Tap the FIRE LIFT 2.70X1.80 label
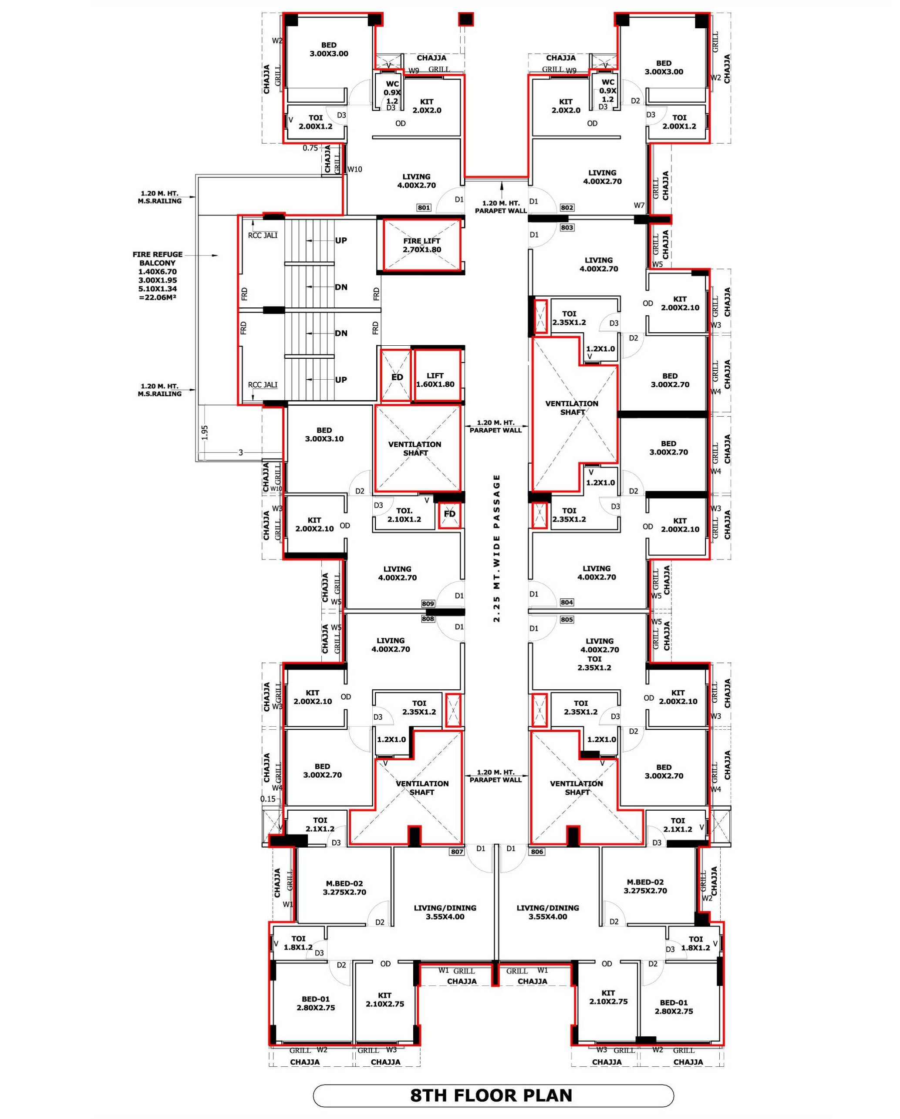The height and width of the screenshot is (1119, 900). [421, 245]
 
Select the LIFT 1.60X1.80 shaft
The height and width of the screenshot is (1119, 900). [437, 376]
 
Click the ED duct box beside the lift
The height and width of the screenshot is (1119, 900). [397, 376]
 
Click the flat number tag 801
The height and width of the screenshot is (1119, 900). [424, 208]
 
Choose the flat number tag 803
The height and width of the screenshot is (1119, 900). [567, 227]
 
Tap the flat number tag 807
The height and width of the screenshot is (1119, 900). [457, 852]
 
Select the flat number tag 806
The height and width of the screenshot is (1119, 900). [537, 852]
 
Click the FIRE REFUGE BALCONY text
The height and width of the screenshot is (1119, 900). [158, 259]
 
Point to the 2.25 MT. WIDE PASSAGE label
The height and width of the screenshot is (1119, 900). [497, 548]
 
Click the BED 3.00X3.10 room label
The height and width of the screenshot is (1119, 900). [324, 435]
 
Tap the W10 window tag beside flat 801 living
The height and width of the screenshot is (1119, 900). [354, 169]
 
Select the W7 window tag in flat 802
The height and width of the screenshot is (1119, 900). [639, 206]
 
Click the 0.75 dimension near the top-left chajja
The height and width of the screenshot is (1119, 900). [310, 148]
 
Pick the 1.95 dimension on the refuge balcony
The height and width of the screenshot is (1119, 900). [205, 432]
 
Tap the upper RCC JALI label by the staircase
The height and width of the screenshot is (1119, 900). [263, 235]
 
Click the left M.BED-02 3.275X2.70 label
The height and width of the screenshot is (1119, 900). [345, 887]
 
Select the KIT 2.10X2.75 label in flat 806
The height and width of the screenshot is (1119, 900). [608, 997]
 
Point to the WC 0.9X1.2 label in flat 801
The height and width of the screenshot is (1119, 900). [392, 92]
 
